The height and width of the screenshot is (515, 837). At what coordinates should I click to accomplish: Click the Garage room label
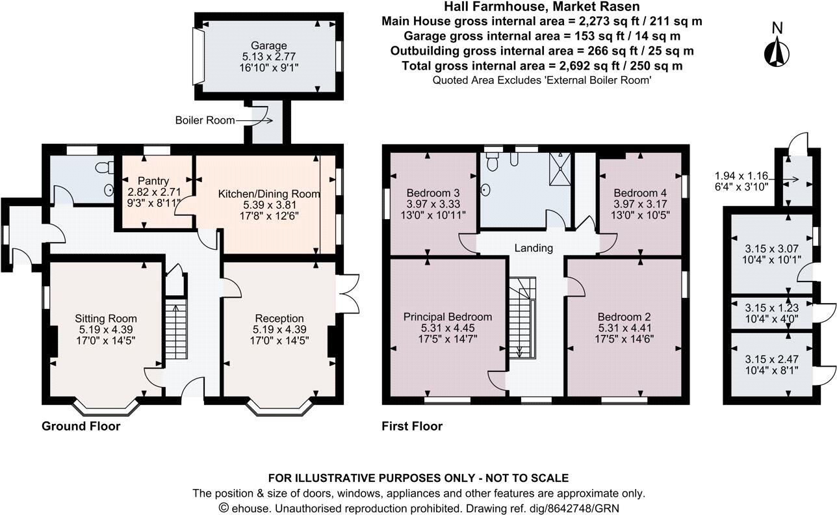[270, 46]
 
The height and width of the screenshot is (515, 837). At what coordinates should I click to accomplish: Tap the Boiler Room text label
[205, 120]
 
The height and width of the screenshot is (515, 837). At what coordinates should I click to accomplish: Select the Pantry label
[153, 180]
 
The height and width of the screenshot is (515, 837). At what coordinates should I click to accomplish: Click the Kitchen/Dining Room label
[269, 194]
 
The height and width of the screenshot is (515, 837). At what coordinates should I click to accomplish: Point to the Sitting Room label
[105, 318]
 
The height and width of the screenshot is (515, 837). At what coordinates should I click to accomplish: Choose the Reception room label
[279, 318]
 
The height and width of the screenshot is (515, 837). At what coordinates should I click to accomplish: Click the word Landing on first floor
[534, 248]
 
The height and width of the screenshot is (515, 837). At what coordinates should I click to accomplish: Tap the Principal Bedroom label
[448, 317]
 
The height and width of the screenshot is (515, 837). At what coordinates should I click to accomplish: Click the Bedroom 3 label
[429, 193]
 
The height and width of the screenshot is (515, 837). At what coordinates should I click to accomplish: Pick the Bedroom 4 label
[639, 193]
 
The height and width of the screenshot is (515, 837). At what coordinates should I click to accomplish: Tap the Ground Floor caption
[81, 427]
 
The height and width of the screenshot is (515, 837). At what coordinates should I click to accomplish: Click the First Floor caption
[413, 427]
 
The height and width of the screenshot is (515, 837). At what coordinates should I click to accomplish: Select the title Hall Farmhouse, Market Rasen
[542, 7]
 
